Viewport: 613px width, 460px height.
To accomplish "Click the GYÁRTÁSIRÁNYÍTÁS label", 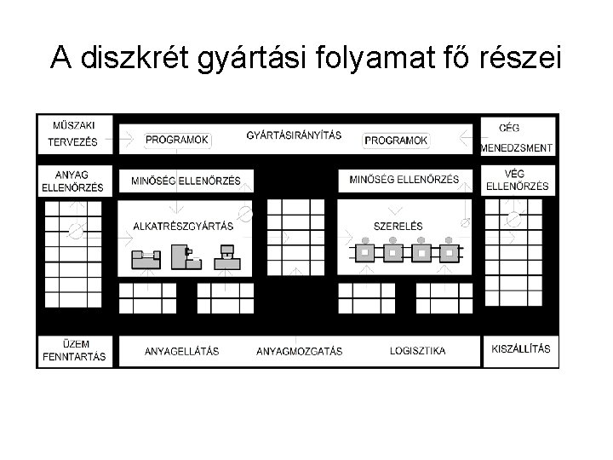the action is pyautogui.click(x=294, y=135).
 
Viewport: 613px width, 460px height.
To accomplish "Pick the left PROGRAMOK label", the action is pyautogui.click(x=177, y=140).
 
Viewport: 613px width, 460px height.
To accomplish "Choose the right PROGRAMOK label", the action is pyautogui.click(x=396, y=140).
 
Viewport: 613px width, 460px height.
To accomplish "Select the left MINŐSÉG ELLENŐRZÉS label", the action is pyautogui.click(x=186, y=181).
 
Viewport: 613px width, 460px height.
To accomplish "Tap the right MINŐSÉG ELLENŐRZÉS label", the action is pyautogui.click(x=404, y=180).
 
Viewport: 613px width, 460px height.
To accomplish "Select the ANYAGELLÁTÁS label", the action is pyautogui.click(x=181, y=351).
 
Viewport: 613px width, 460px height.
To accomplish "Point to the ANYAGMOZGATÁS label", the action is pyautogui.click(x=299, y=351).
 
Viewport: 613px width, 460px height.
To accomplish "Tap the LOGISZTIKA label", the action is pyautogui.click(x=417, y=351).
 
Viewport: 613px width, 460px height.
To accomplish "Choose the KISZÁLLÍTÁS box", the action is pyautogui.click(x=521, y=349).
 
